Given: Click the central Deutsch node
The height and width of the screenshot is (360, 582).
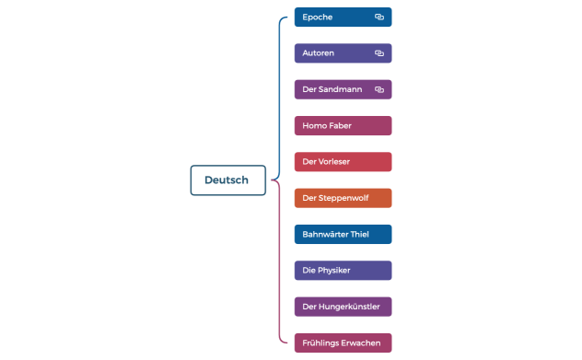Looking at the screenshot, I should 227,180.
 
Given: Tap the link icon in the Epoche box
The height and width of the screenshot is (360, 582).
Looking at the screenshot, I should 378,17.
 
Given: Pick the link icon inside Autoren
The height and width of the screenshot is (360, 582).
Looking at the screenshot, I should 378,53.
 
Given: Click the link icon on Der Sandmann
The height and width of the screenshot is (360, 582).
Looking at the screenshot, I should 378,89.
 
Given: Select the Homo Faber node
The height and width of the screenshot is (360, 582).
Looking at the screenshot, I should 343,125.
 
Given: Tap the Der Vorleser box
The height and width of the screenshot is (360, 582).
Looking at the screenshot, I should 343,162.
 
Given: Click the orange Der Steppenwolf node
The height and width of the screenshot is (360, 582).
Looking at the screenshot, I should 343,198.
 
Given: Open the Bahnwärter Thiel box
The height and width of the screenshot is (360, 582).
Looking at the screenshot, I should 343,234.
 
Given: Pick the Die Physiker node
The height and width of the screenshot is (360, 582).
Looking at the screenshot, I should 343,270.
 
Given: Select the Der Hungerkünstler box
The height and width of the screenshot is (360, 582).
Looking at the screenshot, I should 343,307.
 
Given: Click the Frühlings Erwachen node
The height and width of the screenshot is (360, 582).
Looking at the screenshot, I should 343,343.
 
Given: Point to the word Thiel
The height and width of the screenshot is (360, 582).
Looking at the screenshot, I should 359,234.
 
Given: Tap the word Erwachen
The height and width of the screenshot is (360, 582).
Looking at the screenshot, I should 361,343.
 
